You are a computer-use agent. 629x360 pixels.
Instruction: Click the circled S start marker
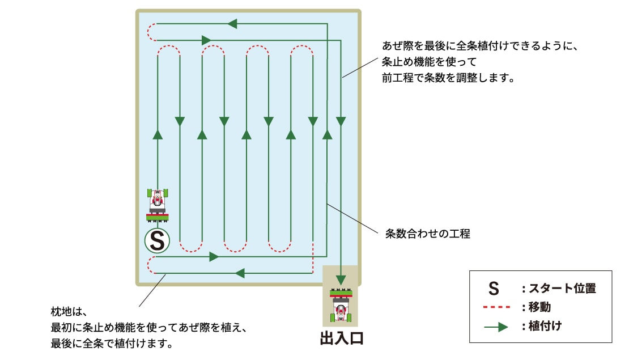[x=158, y=242]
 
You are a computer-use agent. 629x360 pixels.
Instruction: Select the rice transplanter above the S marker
[x=158, y=204]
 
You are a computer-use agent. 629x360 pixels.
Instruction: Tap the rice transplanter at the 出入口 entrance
[x=341, y=307]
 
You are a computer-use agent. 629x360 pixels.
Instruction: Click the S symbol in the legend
[x=494, y=289]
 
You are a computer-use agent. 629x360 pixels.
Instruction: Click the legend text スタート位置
[x=562, y=289]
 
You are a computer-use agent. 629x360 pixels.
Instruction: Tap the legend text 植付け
[x=546, y=327]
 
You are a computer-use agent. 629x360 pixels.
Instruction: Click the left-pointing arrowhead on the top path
[x=231, y=24]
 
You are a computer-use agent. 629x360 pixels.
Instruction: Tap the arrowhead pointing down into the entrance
[x=341, y=279]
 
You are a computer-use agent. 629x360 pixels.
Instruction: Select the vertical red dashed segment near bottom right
[x=313, y=259]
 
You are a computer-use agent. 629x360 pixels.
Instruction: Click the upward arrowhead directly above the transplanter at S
[x=158, y=134]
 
